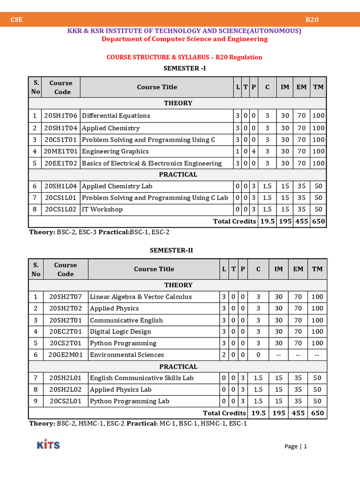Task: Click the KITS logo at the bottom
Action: pos(48,444)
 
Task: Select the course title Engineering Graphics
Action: pos(115,151)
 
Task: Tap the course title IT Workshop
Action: pos(102,210)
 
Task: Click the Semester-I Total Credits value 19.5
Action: pos(267,221)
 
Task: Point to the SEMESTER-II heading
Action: pos(171,250)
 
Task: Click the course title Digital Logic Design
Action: pos(120,332)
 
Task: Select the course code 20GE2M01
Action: pos(66,355)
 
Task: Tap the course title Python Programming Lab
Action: pos(129,401)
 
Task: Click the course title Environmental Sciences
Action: pos(127,355)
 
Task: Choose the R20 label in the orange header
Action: pos(312,20)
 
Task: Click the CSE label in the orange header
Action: pos(17,20)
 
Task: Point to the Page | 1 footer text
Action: pos(295,447)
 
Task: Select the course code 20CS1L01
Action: pos(61,198)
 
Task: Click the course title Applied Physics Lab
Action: pos(120,390)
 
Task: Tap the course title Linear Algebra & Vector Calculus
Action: pos(141,297)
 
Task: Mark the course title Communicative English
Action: pos(126,320)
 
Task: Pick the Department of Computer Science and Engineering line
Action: pos(185,39)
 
